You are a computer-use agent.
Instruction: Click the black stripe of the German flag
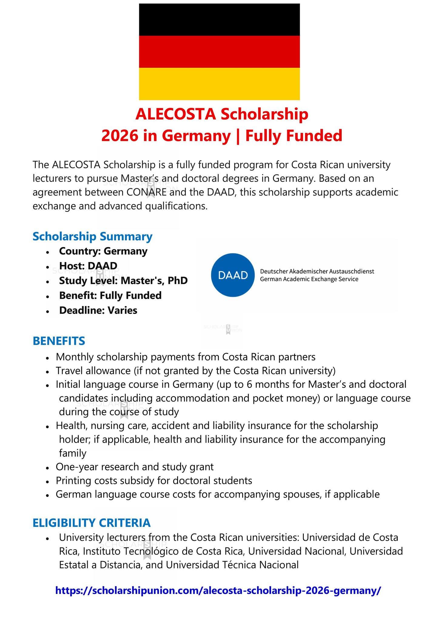(219, 20)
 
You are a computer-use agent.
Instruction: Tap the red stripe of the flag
(219, 52)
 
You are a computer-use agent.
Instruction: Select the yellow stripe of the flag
(219, 84)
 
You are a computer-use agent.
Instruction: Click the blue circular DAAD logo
(233, 275)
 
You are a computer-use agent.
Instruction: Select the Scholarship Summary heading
(92, 237)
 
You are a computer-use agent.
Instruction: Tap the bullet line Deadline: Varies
(98, 310)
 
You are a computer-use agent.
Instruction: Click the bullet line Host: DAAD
(88, 266)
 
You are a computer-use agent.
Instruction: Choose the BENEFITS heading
(59, 341)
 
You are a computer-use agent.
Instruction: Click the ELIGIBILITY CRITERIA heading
(92, 522)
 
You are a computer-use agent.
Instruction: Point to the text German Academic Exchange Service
(309, 279)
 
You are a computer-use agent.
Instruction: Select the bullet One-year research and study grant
(135, 467)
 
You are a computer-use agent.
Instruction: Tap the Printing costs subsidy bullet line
(154, 480)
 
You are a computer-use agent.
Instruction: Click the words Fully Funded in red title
(293, 136)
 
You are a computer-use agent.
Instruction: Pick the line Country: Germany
(103, 251)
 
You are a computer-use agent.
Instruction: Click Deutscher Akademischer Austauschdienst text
(317, 271)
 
